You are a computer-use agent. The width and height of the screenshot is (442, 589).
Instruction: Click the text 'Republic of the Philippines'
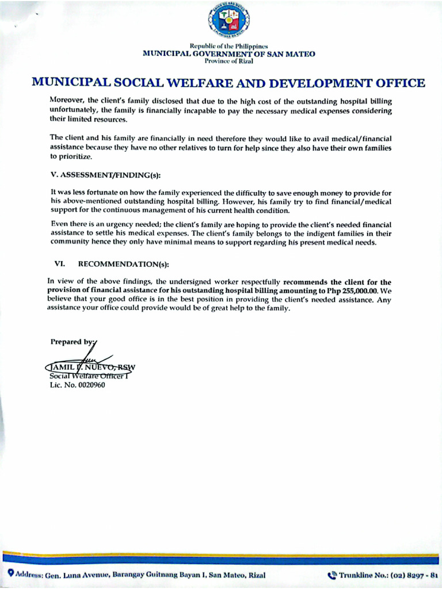coord(228,46)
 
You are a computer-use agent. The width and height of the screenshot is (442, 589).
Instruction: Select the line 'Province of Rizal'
coord(228,61)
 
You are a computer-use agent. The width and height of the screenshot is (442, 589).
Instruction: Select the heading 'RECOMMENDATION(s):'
coord(124,264)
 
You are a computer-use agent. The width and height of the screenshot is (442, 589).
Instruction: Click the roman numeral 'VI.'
coord(59,264)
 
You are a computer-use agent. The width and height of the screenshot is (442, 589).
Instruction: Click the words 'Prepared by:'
coord(72,342)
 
